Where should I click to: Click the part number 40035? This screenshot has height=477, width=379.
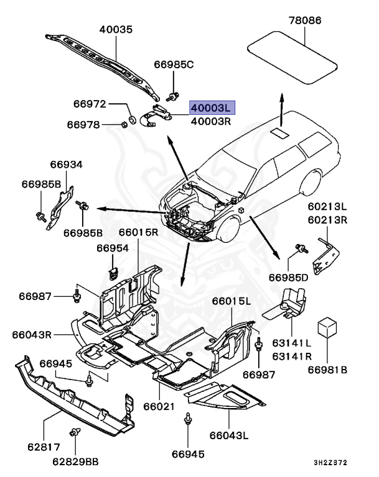pyautogui.click(x=116, y=29)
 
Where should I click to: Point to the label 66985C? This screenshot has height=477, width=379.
pyautogui.click(x=174, y=65)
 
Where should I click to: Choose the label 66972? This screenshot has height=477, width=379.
pyautogui.click(x=90, y=104)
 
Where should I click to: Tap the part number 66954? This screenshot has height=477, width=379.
pyautogui.click(x=112, y=248)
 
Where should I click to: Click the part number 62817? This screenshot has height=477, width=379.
pyautogui.click(x=44, y=445)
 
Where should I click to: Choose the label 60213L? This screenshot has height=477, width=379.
pyautogui.click(x=328, y=206)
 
